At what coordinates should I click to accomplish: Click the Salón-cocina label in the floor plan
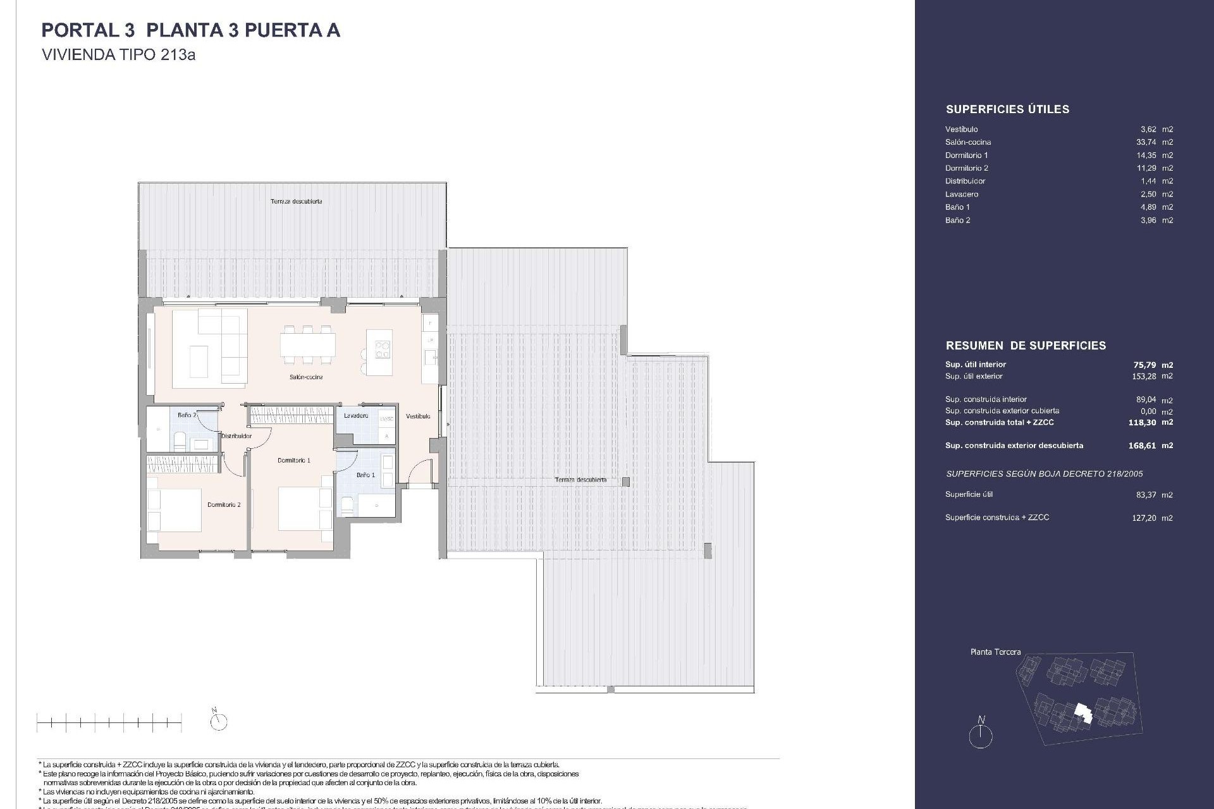(x=307, y=377)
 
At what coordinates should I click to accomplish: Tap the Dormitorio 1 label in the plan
(x=294, y=460)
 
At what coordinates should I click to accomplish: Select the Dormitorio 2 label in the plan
(x=224, y=505)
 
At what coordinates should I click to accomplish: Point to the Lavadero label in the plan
(x=356, y=416)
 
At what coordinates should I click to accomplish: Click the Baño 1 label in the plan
(x=365, y=475)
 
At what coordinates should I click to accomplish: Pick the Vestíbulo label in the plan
(x=418, y=417)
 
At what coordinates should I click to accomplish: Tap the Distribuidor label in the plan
(x=236, y=436)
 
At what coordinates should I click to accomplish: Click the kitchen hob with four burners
(x=383, y=350)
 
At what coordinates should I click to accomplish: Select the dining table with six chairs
(x=308, y=346)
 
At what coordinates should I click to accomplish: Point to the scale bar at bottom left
(x=109, y=721)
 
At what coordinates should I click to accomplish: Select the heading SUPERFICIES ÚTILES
(x=1007, y=109)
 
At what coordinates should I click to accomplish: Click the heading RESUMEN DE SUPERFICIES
(x=1026, y=346)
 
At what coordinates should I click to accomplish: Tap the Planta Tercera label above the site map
(x=995, y=652)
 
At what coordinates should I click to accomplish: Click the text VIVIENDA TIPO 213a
(x=118, y=55)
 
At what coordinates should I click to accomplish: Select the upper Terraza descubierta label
(x=296, y=202)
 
